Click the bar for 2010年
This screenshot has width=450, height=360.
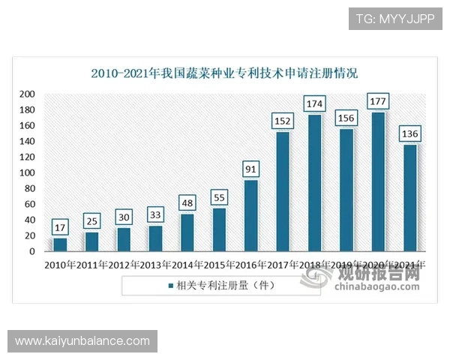point(60,244)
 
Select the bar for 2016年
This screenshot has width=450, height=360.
point(251,216)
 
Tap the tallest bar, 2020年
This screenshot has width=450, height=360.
point(379,182)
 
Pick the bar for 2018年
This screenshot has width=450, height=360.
point(315,183)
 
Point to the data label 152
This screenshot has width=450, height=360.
point(283,119)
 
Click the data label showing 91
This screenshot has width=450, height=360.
point(251,168)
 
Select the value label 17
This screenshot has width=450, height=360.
point(60,226)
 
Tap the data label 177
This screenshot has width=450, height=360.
point(379,100)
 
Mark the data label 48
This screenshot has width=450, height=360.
point(187,202)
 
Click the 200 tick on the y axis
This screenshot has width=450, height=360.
point(27,94)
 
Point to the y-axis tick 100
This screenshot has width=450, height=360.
point(27,173)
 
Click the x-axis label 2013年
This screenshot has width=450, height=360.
point(155,265)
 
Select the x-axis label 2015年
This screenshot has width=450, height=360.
point(219,265)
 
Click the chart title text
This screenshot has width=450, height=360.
point(224,73)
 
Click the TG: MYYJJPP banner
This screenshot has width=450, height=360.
point(395,18)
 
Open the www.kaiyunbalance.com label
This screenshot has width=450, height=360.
point(82,341)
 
